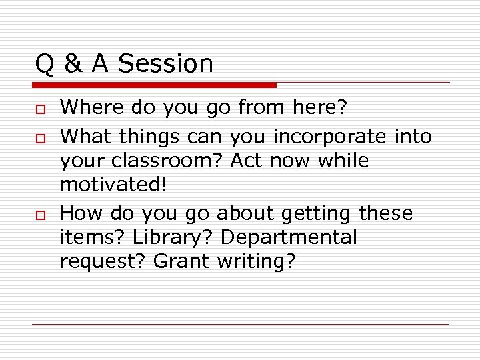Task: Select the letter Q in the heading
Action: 45,64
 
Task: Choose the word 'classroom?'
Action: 167,161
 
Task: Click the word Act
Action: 247,161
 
